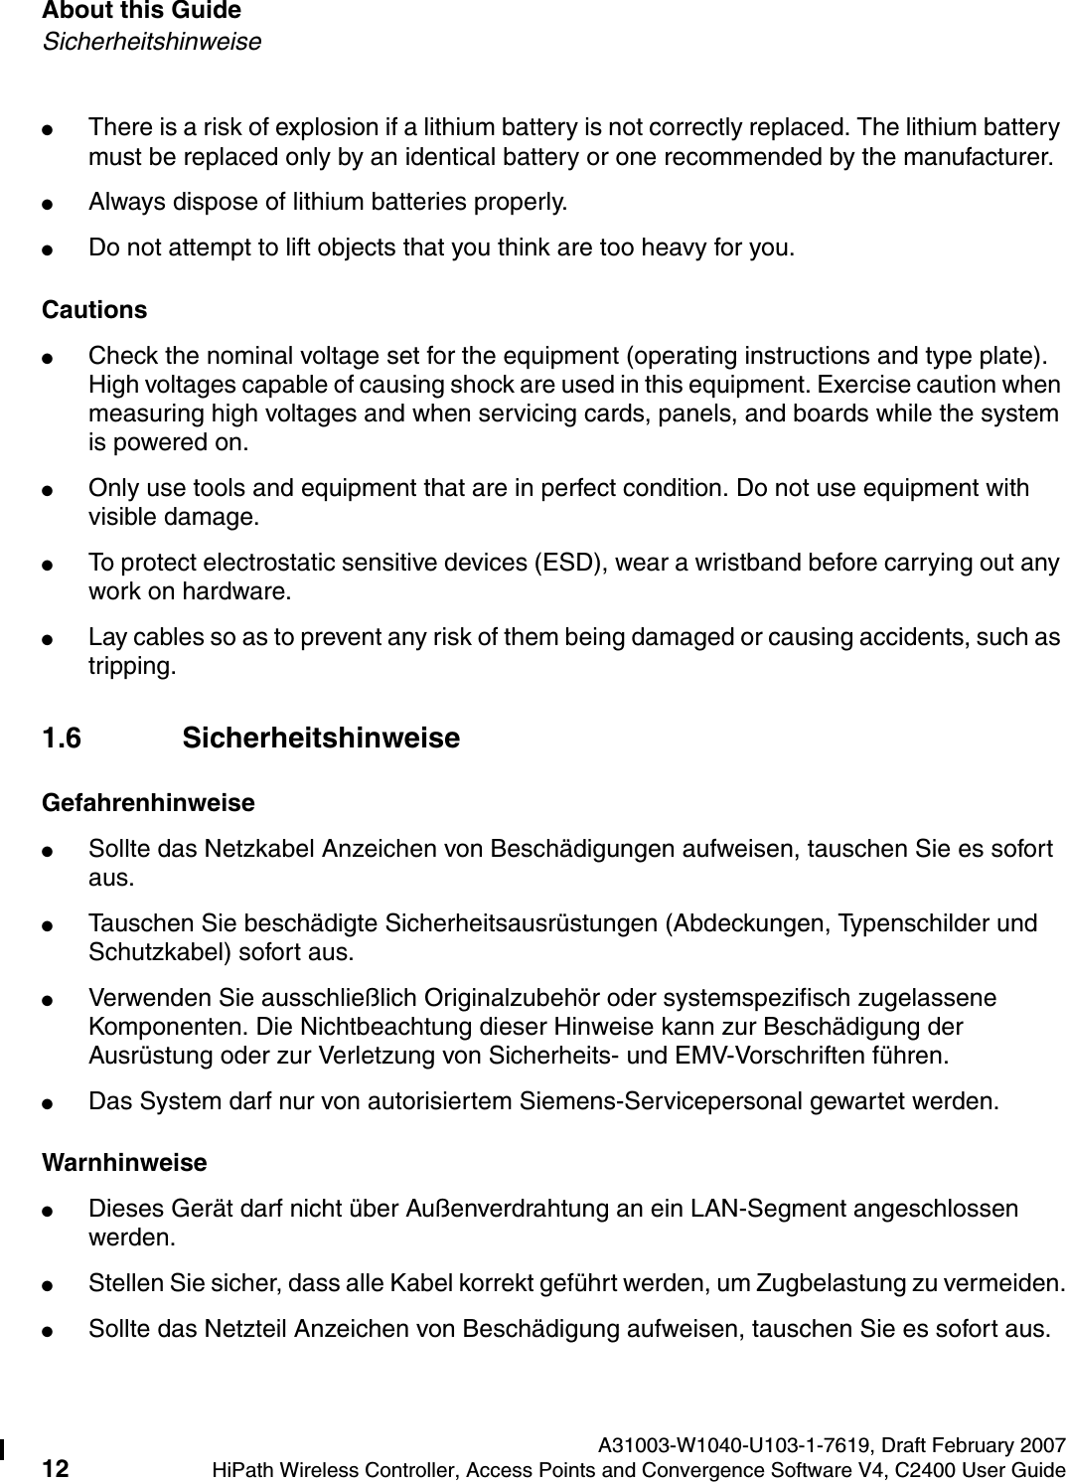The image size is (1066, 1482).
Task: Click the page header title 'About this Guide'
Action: [141, 12]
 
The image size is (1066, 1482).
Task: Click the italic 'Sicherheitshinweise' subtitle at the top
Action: [151, 43]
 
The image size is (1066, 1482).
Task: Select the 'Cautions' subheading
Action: [94, 310]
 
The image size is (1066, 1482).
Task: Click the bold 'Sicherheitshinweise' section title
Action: [321, 739]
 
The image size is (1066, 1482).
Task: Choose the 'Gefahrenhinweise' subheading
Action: [148, 802]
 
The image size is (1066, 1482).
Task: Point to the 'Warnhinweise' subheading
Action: [124, 1163]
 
